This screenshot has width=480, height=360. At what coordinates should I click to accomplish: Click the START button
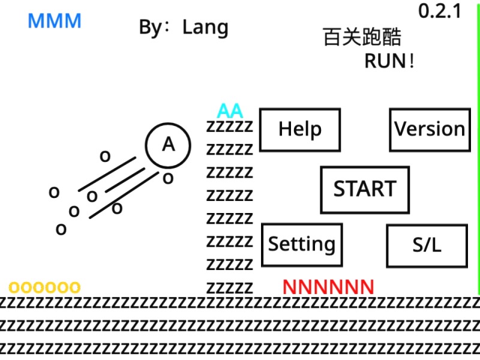pyautogui.click(x=365, y=190)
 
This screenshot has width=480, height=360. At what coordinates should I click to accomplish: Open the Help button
pyautogui.click(x=300, y=130)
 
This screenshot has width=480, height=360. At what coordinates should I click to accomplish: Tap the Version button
pyautogui.click(x=430, y=130)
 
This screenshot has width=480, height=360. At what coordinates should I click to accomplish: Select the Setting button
pyautogui.click(x=302, y=244)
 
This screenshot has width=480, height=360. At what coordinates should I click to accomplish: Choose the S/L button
pyautogui.click(x=427, y=245)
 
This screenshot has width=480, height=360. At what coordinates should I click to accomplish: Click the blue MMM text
pyautogui.click(x=55, y=22)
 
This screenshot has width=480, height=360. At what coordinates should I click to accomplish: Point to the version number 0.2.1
pyautogui.click(x=439, y=11)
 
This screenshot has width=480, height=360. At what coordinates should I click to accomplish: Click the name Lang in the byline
pyautogui.click(x=205, y=28)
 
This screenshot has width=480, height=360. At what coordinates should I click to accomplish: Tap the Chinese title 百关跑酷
pyautogui.click(x=362, y=37)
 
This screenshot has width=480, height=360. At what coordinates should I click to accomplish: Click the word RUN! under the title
pyautogui.click(x=389, y=61)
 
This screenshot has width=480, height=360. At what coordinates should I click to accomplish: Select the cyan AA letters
pyautogui.click(x=230, y=111)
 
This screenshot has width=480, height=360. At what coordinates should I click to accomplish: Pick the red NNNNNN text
pyautogui.click(x=328, y=287)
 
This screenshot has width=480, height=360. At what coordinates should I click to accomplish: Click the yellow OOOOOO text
pyautogui.click(x=44, y=287)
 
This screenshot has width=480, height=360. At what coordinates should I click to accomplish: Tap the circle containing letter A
pyautogui.click(x=168, y=145)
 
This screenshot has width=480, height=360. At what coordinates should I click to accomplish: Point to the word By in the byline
pyautogui.click(x=152, y=28)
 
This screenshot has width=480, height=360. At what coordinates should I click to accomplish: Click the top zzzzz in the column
pyautogui.click(x=230, y=127)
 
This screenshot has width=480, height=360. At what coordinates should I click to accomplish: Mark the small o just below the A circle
pyautogui.click(x=168, y=178)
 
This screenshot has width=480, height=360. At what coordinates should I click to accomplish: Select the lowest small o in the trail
pyautogui.click(x=61, y=230)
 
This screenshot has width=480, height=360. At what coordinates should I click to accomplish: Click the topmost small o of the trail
pyautogui.click(x=105, y=157)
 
